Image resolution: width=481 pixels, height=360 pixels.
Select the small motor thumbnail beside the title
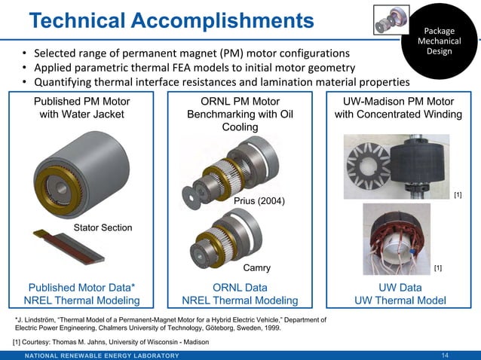(392, 20)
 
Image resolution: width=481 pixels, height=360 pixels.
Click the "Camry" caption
(256, 267)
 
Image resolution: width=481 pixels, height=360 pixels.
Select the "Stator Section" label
(102, 227)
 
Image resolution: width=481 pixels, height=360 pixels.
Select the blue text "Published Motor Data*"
(82, 287)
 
